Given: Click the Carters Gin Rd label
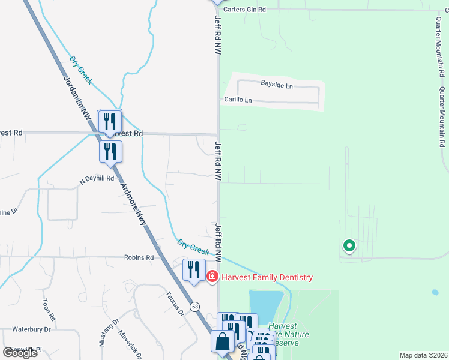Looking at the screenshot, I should pyautogui.click(x=244, y=10).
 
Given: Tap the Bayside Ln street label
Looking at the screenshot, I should pyautogui.click(x=276, y=85).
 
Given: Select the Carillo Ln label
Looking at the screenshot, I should pyautogui.click(x=238, y=100).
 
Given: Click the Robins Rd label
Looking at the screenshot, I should pyautogui.click(x=139, y=257).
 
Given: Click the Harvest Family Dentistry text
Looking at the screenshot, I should pyautogui.click(x=267, y=277).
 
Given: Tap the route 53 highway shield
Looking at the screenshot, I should pyautogui.click(x=195, y=307).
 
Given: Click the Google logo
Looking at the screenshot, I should pyautogui.click(x=20, y=353).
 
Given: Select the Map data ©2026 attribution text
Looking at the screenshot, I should pyautogui.click(x=423, y=355).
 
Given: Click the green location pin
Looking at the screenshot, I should pyautogui.click(x=348, y=245).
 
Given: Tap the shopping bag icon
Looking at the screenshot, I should pyautogui.click(x=222, y=341).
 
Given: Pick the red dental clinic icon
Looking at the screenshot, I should pyautogui.click(x=212, y=277).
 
